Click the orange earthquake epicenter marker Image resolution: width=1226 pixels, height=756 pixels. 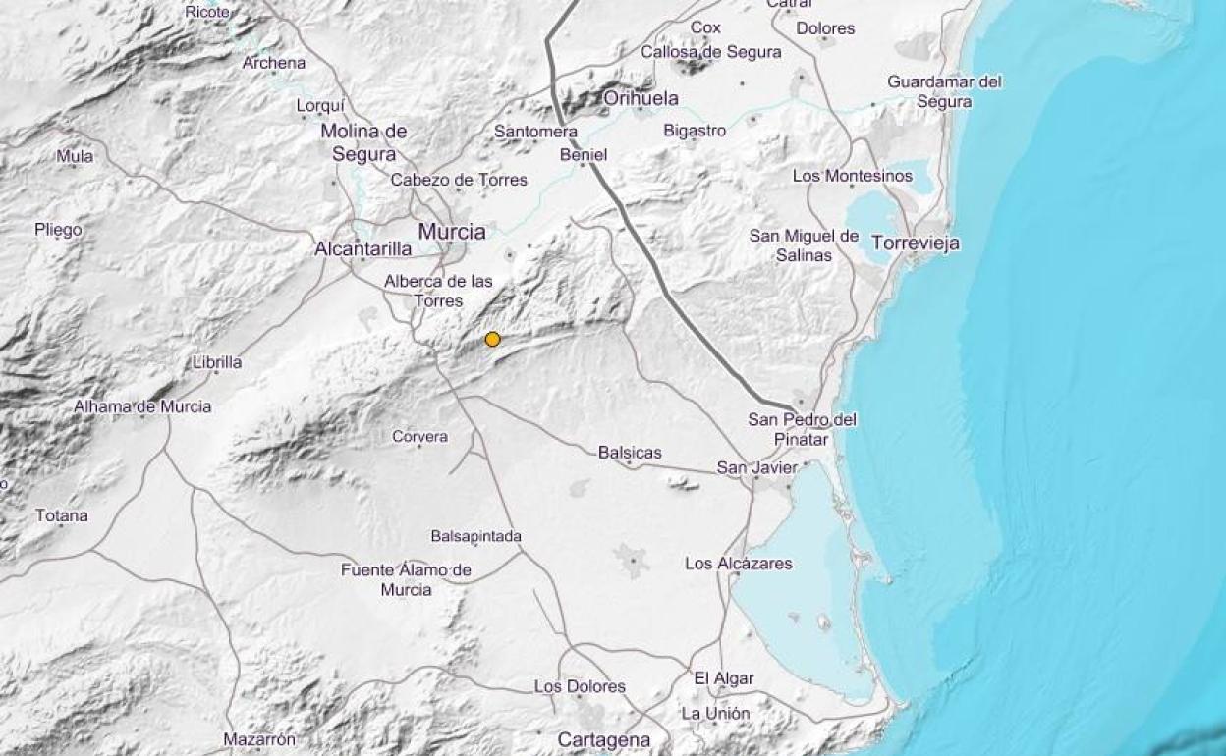[493, 340]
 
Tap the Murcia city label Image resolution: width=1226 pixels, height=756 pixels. [452, 232]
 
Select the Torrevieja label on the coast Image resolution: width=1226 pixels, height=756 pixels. [916, 243]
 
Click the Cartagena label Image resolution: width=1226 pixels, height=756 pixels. [604, 739]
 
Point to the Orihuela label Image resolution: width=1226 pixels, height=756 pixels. [641, 98]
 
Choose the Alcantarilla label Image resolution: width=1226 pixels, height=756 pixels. [362, 249]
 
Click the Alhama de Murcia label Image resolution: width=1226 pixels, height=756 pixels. [142, 406]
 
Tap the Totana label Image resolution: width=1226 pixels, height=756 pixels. [62, 515]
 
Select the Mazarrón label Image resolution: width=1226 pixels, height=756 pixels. [259, 739]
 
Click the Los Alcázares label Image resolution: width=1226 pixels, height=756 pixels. [738, 564]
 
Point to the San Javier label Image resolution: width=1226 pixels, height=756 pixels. [757, 468]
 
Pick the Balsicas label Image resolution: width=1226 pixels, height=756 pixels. [630, 453]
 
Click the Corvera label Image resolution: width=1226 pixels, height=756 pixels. [419, 437]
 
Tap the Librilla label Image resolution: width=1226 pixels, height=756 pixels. [217, 362]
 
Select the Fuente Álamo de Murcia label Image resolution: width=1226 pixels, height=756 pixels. [406, 580]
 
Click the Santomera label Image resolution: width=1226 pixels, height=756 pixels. [535, 131]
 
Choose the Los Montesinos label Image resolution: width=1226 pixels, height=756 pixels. [852, 176]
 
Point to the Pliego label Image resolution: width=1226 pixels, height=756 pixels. [58, 230]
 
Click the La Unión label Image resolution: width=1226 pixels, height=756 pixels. [715, 714]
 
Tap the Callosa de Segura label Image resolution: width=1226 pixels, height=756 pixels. [711, 52]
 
